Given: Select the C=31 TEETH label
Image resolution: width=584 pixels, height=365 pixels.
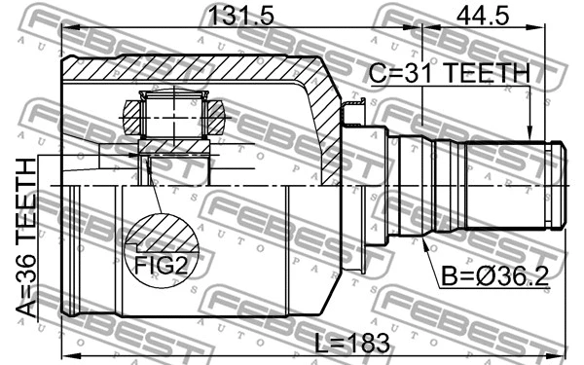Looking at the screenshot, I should pos(449,73).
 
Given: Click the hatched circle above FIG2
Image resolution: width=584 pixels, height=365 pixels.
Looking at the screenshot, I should pos(160,236).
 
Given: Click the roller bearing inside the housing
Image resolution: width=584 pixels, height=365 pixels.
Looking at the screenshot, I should pos(174,115).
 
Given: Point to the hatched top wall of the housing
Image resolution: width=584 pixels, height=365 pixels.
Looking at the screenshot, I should pos(195,70).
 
